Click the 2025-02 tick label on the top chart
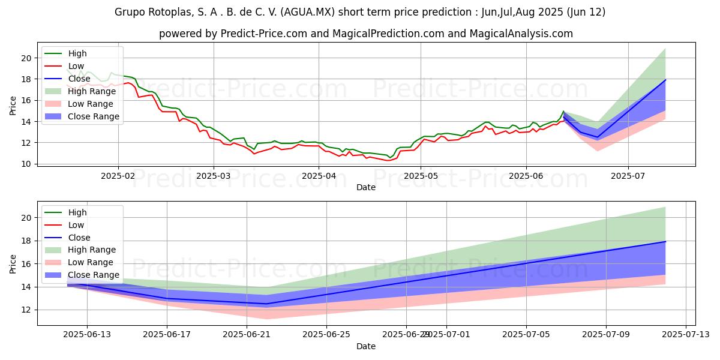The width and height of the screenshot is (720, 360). [118, 176]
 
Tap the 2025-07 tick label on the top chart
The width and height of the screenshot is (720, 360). [628, 176]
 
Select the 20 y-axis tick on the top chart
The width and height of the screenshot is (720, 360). [25, 58]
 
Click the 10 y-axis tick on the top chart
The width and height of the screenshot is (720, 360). [25, 164]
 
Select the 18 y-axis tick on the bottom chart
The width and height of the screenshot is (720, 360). [25, 241]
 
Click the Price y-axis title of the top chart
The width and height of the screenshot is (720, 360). [13, 106]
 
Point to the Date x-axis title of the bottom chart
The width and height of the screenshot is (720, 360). [366, 346]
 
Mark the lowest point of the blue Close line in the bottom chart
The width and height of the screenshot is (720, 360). [266, 304]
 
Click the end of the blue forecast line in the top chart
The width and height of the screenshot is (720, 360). [665, 80]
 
